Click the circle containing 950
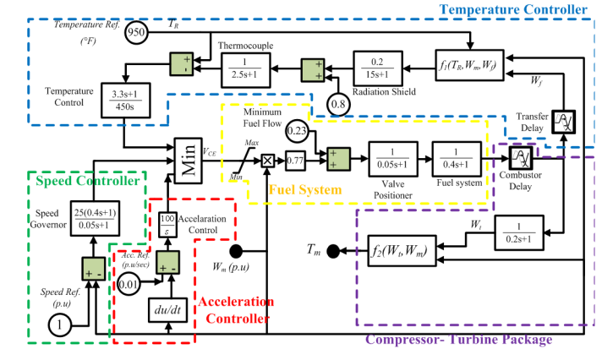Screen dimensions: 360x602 pyautogui.click(x=136, y=33)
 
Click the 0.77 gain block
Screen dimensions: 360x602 pyautogui.click(x=294, y=158)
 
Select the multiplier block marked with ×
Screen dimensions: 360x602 pyautogui.click(x=266, y=159)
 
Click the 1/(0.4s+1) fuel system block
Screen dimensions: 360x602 pyautogui.click(x=457, y=158)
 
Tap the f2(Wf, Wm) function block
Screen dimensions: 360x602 pyautogui.click(x=397, y=251)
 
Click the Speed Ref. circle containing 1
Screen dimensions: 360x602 pyautogui.click(x=59, y=325)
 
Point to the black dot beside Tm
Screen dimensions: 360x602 pyautogui.click(x=334, y=250)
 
